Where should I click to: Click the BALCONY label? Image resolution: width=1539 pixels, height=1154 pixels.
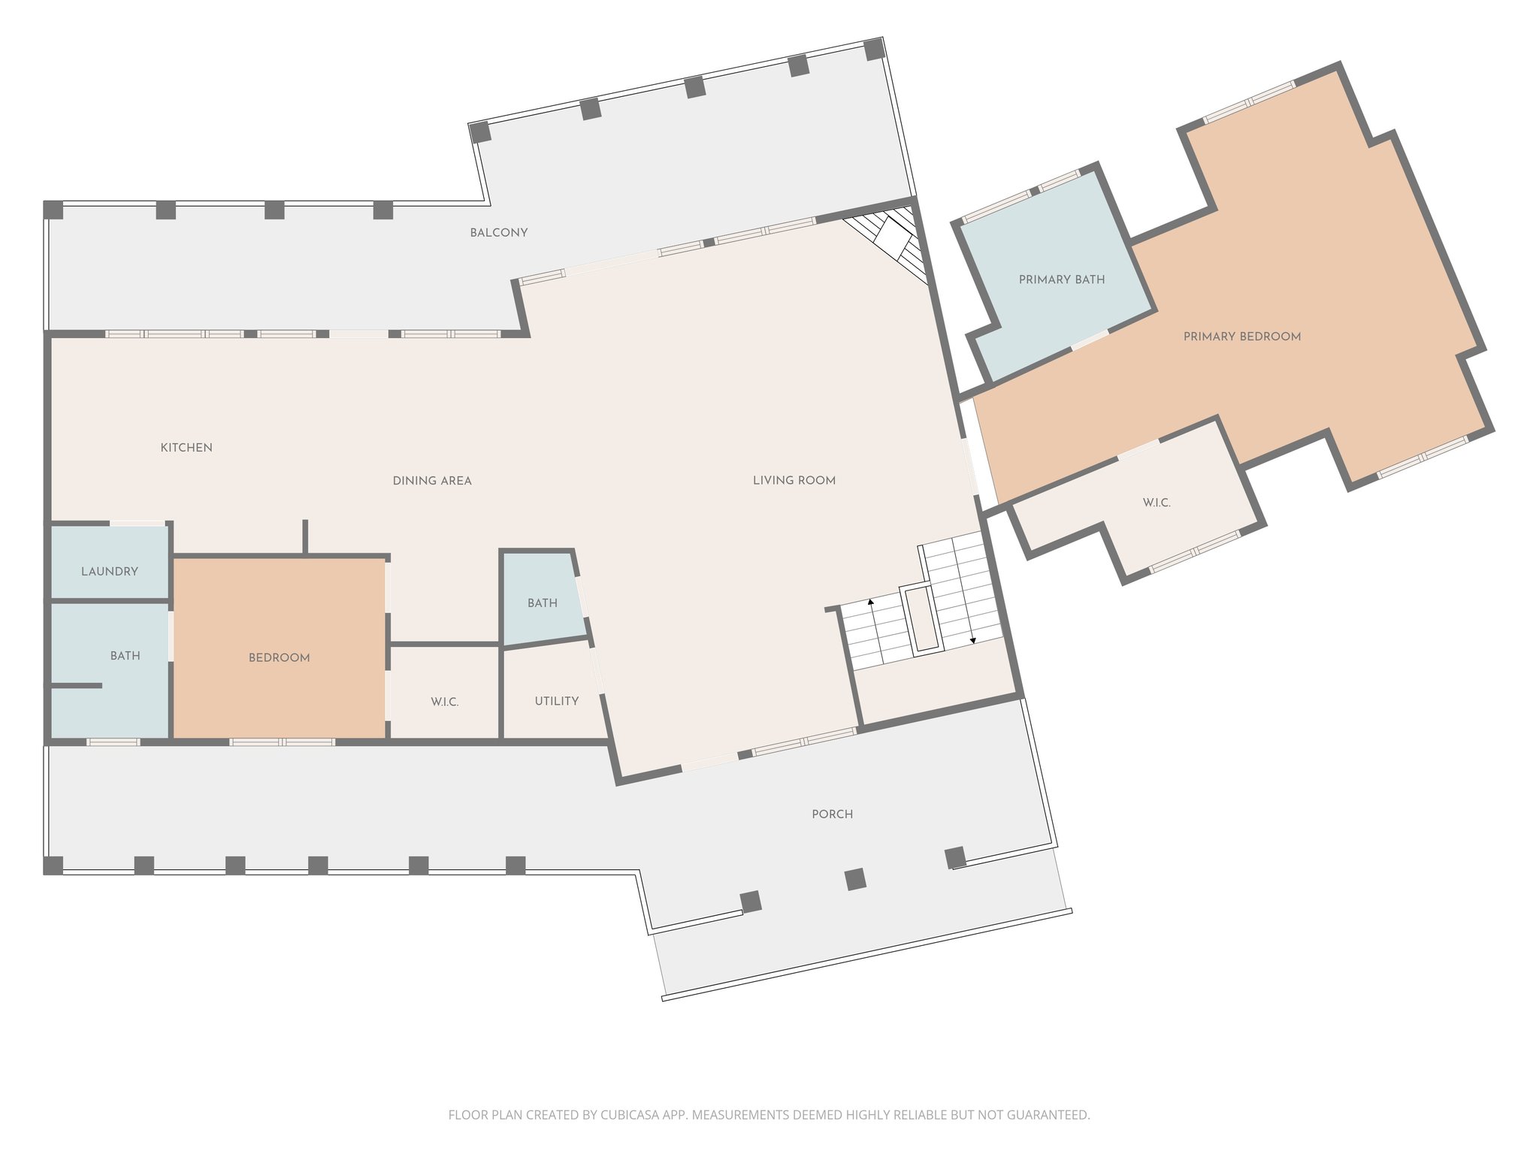pyautogui.click(x=499, y=233)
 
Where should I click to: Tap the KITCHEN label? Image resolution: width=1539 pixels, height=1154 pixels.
pyautogui.click(x=186, y=448)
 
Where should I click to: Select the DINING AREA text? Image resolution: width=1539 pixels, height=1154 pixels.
pyautogui.click(x=432, y=481)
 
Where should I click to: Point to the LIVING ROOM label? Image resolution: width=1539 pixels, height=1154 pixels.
pyautogui.click(x=794, y=481)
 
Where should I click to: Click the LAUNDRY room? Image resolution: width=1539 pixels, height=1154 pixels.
pyautogui.click(x=110, y=572)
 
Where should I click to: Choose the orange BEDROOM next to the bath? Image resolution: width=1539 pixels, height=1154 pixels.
pyautogui.click(x=280, y=658)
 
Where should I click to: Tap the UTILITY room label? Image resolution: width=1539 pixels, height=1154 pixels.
pyautogui.click(x=557, y=701)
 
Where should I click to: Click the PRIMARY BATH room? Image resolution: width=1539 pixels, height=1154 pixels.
pyautogui.click(x=1062, y=279)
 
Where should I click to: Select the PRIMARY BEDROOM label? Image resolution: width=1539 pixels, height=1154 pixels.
pyautogui.click(x=1242, y=337)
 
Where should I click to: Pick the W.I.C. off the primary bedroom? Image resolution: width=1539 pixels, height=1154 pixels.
pyautogui.click(x=1157, y=503)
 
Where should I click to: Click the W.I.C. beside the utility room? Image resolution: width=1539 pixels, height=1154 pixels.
pyautogui.click(x=445, y=702)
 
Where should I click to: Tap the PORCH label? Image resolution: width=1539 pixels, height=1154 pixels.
pyautogui.click(x=833, y=814)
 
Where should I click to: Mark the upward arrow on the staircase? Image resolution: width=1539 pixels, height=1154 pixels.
pyautogui.click(x=871, y=602)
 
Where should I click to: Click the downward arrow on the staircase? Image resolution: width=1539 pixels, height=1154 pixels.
pyautogui.click(x=973, y=640)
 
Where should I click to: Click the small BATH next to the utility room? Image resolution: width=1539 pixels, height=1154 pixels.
pyautogui.click(x=543, y=603)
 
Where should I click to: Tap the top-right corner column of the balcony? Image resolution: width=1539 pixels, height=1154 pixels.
pyautogui.click(x=874, y=50)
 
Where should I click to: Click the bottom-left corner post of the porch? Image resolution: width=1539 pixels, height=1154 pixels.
pyautogui.click(x=53, y=865)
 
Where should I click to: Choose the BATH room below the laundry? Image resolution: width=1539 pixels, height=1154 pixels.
pyautogui.click(x=125, y=656)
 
